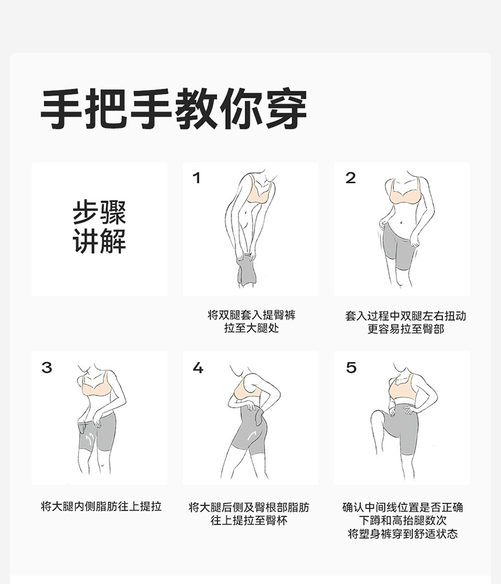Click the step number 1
point(197,178)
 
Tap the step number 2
point(351,178)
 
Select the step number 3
point(47,368)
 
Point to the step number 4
point(198,368)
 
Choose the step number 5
point(351,368)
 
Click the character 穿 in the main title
point(286,108)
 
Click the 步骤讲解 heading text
point(100,227)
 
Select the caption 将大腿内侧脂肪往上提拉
point(101,506)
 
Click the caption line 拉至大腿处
point(251,328)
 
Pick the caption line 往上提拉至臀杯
point(249,520)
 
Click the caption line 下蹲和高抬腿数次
point(403,521)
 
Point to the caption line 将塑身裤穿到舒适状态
point(403,534)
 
